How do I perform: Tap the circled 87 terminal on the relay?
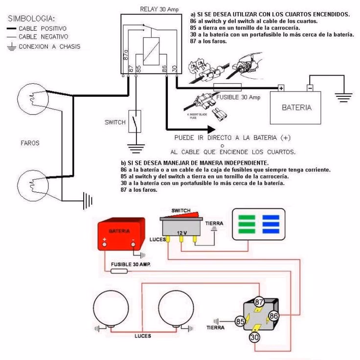click(259, 302)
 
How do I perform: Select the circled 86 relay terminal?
click(273, 316)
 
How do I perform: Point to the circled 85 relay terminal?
click(240, 322)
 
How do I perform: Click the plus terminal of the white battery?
click(281, 88)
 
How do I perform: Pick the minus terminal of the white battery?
click(310, 88)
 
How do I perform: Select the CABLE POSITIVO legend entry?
click(43, 29)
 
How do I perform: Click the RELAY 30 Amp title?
click(159, 9)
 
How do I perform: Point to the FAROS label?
click(30, 143)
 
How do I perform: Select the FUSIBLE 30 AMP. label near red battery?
click(130, 264)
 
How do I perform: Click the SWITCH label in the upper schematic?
click(115, 122)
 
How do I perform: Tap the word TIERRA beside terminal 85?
click(215, 327)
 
